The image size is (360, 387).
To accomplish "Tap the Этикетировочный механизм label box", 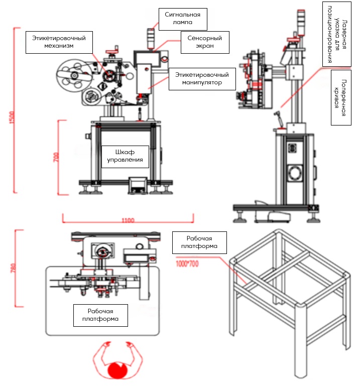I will click(x=59, y=42).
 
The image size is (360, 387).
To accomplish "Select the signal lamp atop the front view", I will click(x=150, y=38).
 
